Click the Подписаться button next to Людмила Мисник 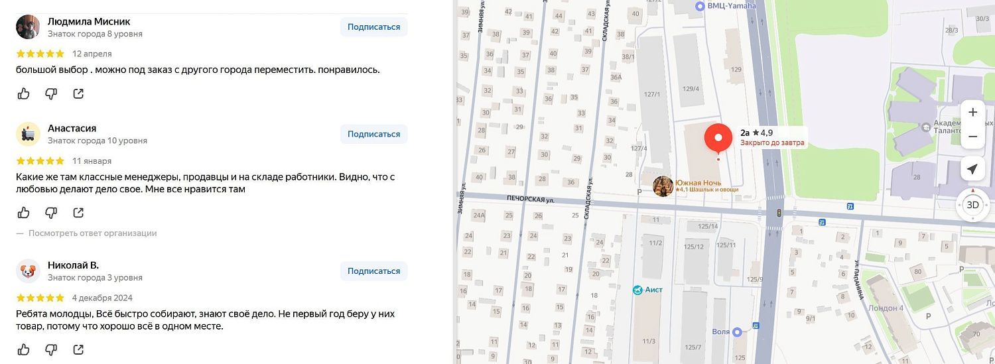[373, 27]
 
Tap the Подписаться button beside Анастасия [373, 134]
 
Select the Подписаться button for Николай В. [373, 271]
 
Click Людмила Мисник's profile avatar [28, 27]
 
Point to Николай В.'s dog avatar [28, 271]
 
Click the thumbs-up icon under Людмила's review [24, 93]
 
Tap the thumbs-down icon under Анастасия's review [51, 213]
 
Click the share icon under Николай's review [78, 349]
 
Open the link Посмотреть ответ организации [92, 233]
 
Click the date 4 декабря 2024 [103, 298]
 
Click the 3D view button [972, 205]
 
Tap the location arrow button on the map [972, 169]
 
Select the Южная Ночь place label [698, 183]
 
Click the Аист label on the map [653, 290]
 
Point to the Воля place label [720, 332]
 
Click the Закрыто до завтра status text [772, 143]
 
